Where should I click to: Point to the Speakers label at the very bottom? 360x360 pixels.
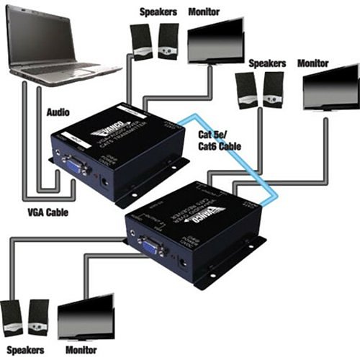click(24, 349)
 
